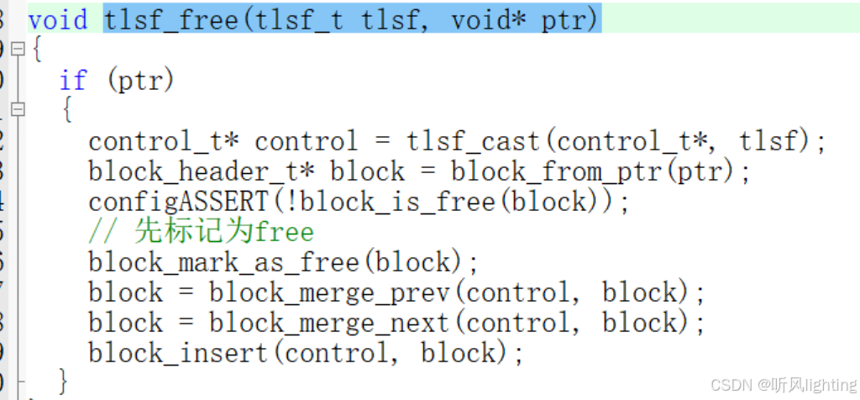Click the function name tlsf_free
(171, 18)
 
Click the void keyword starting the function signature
(57, 18)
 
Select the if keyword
(73, 80)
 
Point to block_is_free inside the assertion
(416, 201)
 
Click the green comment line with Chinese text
(201, 231)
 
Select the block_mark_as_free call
(224, 261)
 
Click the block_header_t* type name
(202, 171)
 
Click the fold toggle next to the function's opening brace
(18, 50)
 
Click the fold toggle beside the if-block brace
(18, 109)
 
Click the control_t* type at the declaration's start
(164, 140)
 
